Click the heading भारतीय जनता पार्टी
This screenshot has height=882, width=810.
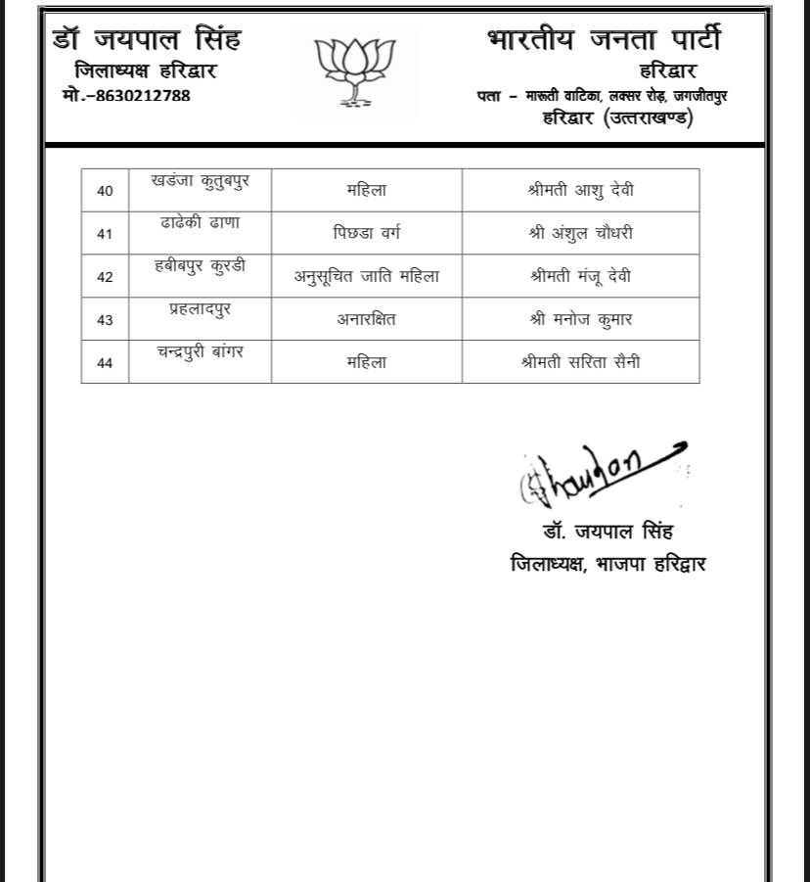(x=603, y=40)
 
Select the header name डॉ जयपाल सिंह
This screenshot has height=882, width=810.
(x=147, y=40)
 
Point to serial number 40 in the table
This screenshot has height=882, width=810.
(x=105, y=191)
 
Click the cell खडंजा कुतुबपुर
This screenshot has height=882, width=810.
(x=200, y=181)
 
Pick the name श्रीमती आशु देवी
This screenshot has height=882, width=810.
(x=581, y=190)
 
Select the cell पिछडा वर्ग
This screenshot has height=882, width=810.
(x=367, y=233)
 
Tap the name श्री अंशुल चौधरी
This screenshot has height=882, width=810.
(x=581, y=233)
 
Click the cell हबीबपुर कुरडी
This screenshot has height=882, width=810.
(x=200, y=266)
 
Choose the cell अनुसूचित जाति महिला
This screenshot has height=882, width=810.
(x=367, y=276)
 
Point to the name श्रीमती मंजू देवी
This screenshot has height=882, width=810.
(x=581, y=276)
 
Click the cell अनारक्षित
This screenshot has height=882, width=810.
(x=367, y=319)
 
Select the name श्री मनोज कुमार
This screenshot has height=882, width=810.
(x=581, y=319)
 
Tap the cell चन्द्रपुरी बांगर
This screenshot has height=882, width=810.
(x=200, y=351)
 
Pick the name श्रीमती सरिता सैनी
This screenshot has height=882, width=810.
(x=581, y=362)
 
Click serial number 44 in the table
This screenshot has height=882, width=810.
(x=105, y=363)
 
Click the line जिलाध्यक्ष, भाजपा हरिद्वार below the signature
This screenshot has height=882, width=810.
(x=607, y=564)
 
